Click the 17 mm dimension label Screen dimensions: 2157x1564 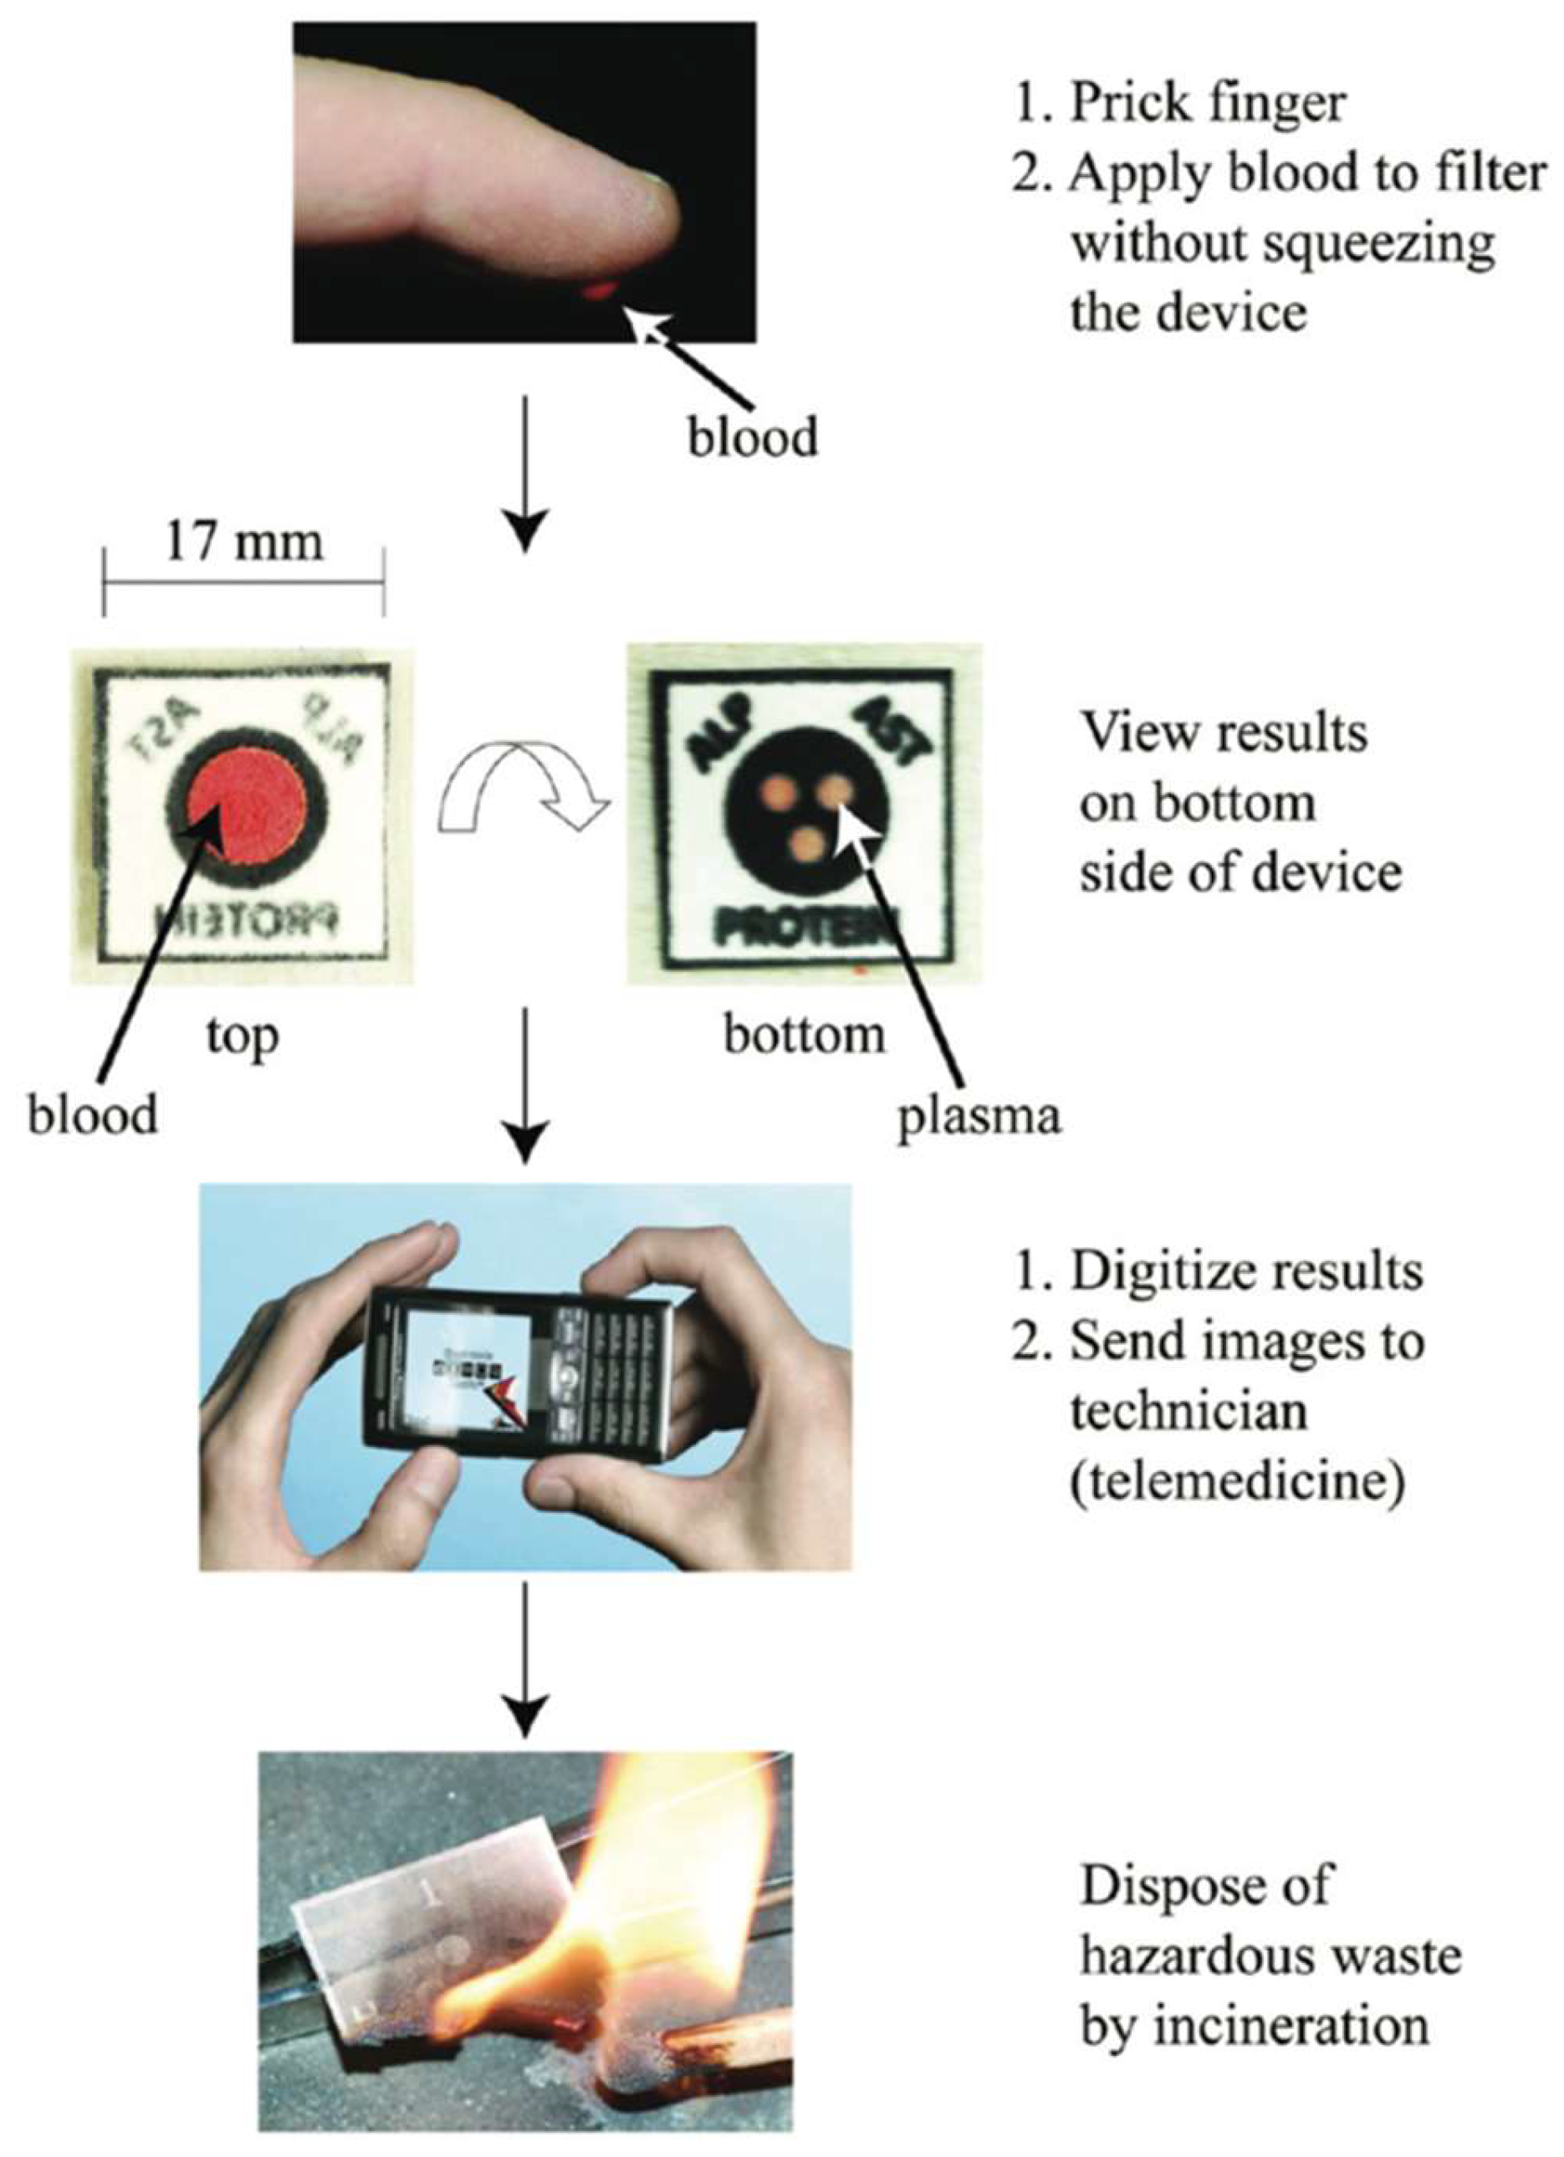pyautogui.click(x=244, y=542)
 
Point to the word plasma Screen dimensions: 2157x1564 pyautogui.click(x=979, y=1116)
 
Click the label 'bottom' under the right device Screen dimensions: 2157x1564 pyautogui.click(x=804, y=1035)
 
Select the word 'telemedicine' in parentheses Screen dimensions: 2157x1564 pyautogui.click(x=1237, y=1483)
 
